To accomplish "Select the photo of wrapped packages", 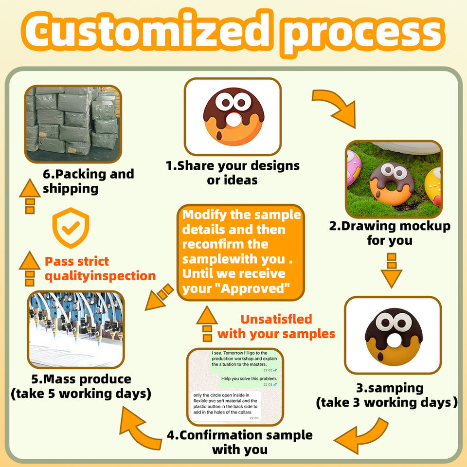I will pos(73,124).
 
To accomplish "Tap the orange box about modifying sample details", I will pos(241,252).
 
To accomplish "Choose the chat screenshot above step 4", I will pos(235,386).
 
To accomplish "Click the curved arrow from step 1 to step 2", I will pos(335,107).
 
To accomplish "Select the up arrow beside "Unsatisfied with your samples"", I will pos(207,323).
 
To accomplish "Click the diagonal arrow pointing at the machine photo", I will pos(161,297).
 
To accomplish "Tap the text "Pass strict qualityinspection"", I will pos(100,269).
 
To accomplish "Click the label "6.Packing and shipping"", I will pos(88,181).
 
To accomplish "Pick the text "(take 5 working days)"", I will pos(80,394).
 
